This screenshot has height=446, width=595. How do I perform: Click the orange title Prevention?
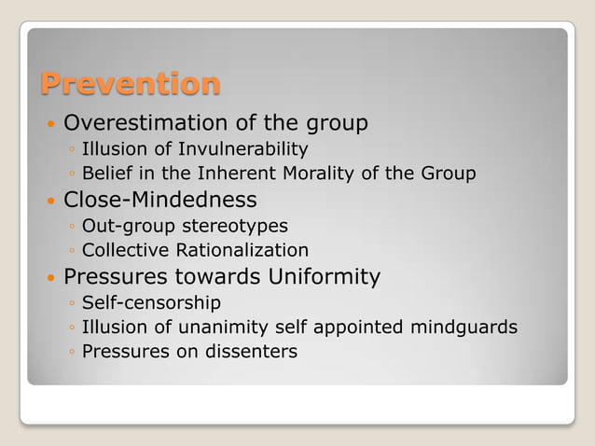pos(130,84)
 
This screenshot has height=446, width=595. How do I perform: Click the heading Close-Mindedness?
pos(159,200)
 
